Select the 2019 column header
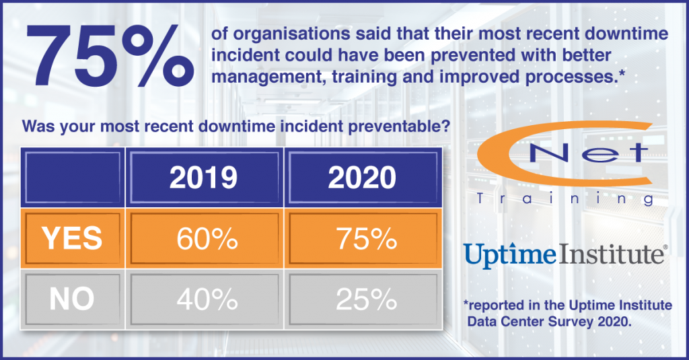tap(203, 178)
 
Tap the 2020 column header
tap(363, 178)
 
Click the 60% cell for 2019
tap(203, 238)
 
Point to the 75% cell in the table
tap(363, 238)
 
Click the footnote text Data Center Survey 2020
tap(550, 321)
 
